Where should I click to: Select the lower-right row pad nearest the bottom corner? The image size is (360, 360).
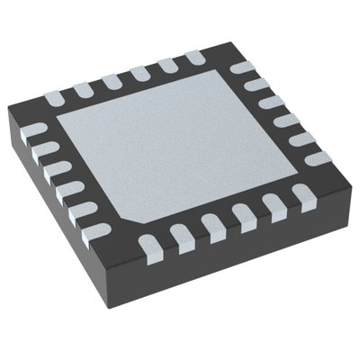149,243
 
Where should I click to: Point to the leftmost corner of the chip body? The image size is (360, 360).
9,112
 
